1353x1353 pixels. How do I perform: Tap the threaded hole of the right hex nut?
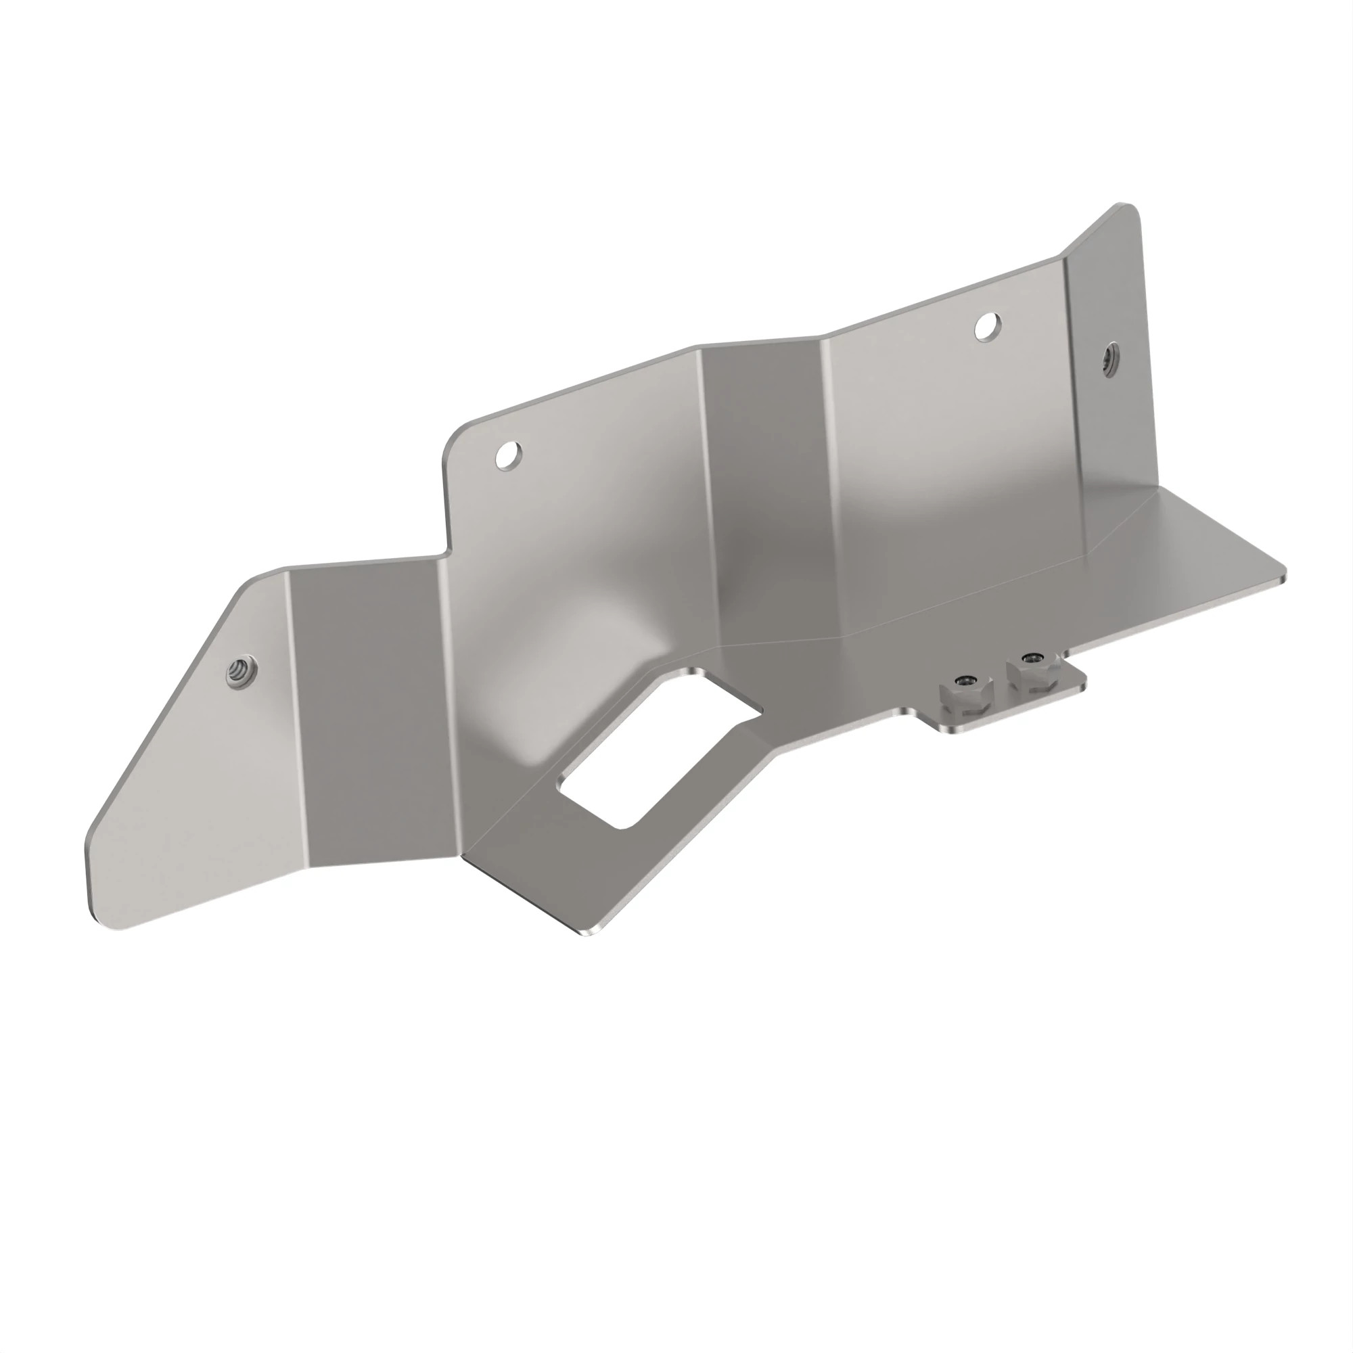(1031, 657)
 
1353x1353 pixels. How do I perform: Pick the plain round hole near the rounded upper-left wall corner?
(509, 455)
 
